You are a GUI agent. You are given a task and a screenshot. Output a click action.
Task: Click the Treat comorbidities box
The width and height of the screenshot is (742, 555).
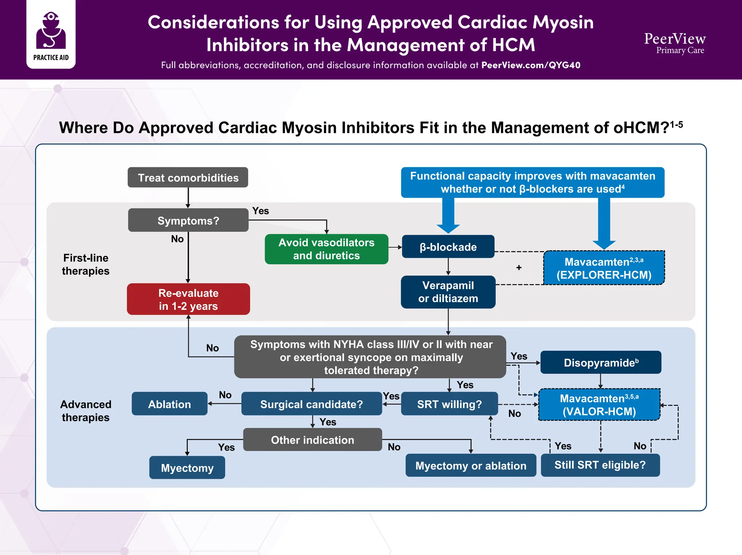pos(188,177)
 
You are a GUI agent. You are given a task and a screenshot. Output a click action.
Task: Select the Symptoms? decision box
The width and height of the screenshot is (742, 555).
pos(188,220)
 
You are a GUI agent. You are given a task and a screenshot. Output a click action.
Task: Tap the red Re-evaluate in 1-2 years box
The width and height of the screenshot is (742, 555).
pos(188,299)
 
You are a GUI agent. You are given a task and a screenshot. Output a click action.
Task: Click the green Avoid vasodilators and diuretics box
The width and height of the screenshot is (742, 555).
pos(326,249)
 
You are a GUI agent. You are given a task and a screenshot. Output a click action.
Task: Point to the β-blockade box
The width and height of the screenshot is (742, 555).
pos(448,247)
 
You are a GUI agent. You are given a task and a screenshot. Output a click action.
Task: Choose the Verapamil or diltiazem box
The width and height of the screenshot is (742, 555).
pos(448,292)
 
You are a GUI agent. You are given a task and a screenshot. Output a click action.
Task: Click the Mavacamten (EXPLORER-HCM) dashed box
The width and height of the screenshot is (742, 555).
pos(604,268)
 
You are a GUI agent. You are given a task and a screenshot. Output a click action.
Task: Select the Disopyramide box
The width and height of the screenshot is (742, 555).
pos(600,362)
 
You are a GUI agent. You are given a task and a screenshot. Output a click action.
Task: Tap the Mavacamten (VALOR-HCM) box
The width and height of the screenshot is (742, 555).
pos(599,405)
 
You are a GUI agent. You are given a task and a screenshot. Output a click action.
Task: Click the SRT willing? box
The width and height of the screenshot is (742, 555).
pos(449,404)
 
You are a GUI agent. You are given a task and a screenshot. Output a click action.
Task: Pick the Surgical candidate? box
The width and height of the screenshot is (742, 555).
pos(311,404)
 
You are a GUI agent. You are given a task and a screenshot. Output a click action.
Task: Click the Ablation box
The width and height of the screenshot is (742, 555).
pos(169,404)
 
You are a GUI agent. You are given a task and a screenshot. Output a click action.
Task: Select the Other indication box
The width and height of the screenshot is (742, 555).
pos(312,440)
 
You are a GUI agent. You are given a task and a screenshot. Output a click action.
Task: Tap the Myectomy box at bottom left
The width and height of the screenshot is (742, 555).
pos(187,468)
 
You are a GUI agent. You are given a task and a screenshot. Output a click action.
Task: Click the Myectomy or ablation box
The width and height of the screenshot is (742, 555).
pos(471,465)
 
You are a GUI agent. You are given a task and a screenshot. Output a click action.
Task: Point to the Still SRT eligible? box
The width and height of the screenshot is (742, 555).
pos(600,465)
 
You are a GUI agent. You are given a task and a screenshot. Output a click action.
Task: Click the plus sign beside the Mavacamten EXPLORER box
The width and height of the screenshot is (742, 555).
pos(519,268)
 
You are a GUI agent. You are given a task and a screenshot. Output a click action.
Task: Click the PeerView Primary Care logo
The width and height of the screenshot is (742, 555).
pos(675,43)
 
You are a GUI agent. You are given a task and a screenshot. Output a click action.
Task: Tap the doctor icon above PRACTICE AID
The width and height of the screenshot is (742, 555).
pos(51,30)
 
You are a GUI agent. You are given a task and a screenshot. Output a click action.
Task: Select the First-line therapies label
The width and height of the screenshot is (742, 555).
pos(86,264)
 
